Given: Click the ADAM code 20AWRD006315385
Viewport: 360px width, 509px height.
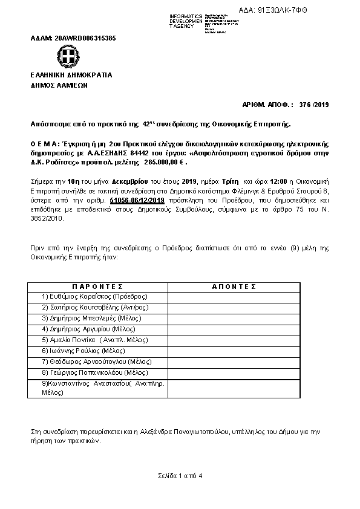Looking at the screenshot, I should click(73, 38).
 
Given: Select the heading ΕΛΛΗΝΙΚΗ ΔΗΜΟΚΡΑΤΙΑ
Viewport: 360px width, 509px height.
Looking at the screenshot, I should click(71, 75).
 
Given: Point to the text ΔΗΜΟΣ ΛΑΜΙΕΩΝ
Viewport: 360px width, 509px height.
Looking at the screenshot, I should click(59, 86).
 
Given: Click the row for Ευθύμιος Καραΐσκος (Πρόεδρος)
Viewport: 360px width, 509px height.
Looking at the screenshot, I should click(95, 296).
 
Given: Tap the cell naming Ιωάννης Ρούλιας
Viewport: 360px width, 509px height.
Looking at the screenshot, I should click(83, 351).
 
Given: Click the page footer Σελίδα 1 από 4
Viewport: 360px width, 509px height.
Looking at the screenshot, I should click(180, 476).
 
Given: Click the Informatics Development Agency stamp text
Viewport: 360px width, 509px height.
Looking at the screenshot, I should click(186, 21).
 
